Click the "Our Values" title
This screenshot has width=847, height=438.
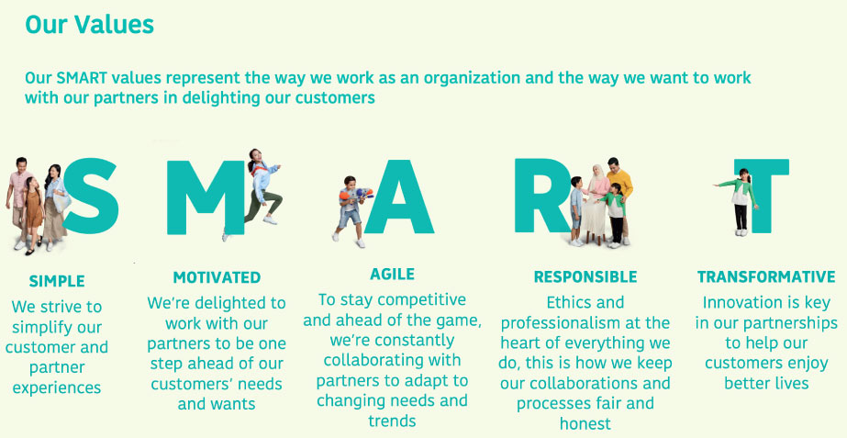tap(89, 24)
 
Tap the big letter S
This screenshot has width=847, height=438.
tap(91, 196)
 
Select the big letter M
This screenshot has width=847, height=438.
tap(206, 197)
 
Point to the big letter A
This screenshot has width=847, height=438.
tap(398, 197)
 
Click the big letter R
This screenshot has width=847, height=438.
tap(541, 196)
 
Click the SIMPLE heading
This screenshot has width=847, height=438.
tap(57, 281)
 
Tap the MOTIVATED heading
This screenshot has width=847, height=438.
tap(217, 277)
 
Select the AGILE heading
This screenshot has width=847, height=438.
tap(392, 275)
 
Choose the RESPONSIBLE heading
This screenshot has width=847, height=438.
tap(585, 277)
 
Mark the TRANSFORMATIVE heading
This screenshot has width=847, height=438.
tap(766, 277)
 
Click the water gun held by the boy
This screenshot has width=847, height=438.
tap(355, 195)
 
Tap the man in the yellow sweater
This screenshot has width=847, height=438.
tap(619, 197)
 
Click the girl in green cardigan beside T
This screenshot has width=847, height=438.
tap(739, 202)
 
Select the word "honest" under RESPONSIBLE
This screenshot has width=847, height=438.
tap(585, 423)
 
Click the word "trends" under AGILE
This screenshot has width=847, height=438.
tap(392, 421)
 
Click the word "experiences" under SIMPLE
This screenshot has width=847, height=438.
tap(57, 387)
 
